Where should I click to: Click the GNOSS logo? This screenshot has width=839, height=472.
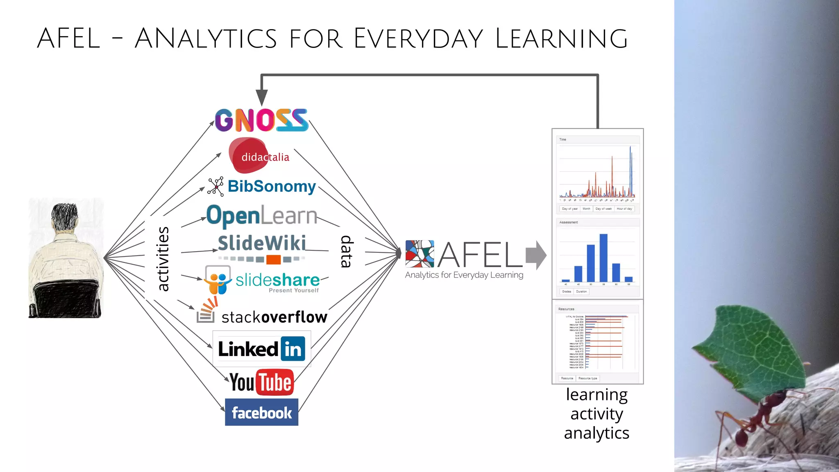[x=261, y=120]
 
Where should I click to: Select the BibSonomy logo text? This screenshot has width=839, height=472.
[x=272, y=186]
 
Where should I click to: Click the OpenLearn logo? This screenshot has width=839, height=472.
[x=262, y=216]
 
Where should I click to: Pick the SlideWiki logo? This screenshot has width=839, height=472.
[x=262, y=244]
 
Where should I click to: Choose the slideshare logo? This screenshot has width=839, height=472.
[x=262, y=280]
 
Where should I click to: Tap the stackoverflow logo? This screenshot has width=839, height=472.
[x=262, y=316]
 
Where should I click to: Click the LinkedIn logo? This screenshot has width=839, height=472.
[x=261, y=349]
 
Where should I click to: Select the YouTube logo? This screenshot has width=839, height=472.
[x=261, y=382]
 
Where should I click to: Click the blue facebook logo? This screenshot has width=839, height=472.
[x=261, y=412]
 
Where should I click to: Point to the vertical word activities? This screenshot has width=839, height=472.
[x=163, y=259]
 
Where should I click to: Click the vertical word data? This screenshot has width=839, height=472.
[x=347, y=251]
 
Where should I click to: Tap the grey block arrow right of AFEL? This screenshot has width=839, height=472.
[x=536, y=255]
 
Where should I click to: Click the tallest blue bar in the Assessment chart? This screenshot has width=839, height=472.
[x=603, y=258]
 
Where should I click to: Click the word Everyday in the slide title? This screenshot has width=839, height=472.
[x=418, y=39]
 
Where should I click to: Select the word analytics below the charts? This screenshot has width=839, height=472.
[x=596, y=433]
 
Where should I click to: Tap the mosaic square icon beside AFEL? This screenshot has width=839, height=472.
[x=419, y=254]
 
